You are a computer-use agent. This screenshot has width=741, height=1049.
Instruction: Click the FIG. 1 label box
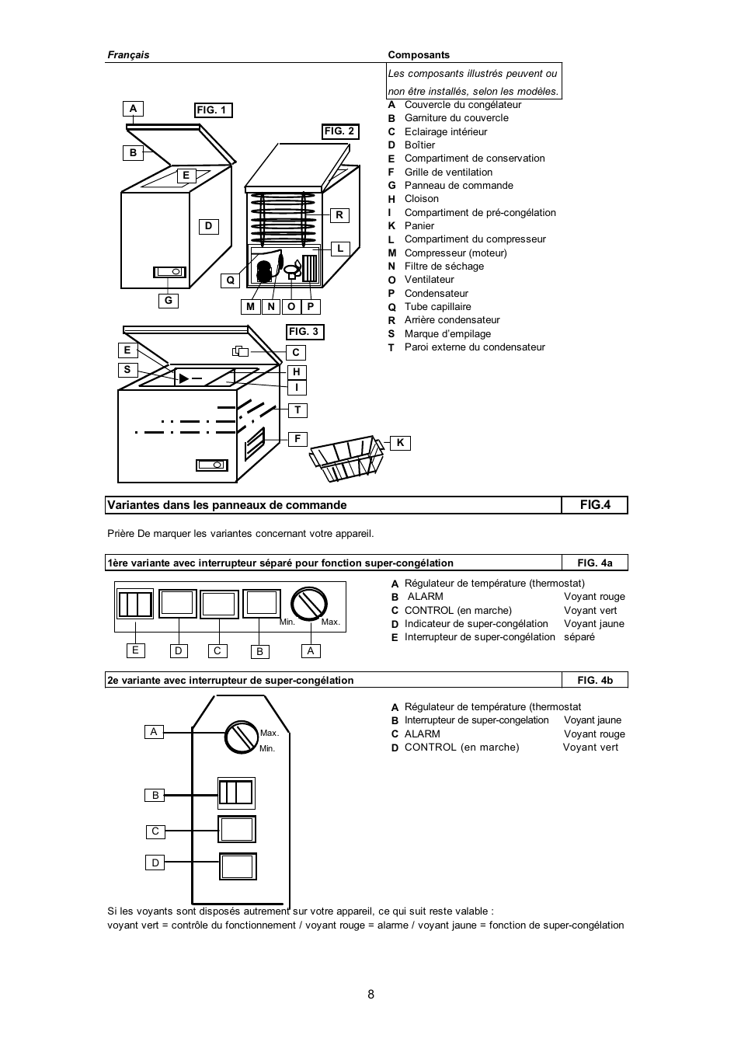tap(213, 110)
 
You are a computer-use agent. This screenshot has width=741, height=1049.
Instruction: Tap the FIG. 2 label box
tap(340, 131)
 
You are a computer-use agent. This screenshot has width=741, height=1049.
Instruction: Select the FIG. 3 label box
tap(304, 332)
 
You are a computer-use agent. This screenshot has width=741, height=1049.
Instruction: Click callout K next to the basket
tap(400, 443)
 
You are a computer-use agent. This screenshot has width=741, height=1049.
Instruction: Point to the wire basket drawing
tap(346, 458)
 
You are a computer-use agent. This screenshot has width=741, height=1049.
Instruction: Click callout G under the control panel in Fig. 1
tap(168, 301)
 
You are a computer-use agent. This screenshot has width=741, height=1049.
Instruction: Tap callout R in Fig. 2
tap(339, 215)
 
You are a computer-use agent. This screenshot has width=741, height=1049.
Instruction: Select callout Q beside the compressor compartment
tap(230, 281)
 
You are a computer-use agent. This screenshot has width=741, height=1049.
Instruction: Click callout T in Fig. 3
tap(297, 410)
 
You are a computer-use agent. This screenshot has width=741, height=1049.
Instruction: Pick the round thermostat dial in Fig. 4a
tap(308, 605)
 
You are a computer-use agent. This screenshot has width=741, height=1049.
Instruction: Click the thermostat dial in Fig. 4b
tap(242, 737)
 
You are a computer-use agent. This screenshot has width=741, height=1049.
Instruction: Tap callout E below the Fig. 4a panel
tap(135, 650)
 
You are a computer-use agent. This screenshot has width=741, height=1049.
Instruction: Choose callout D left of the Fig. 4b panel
tap(155, 863)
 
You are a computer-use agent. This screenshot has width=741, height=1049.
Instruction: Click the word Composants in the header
tap(419, 55)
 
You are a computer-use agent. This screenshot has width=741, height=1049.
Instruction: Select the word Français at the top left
tap(128, 55)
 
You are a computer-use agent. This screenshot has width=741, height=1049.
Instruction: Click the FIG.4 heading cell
tap(595, 505)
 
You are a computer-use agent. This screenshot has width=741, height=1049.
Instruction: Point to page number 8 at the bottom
tap(370, 995)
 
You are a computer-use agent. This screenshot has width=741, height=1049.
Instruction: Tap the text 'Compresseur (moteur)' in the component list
tap(455, 253)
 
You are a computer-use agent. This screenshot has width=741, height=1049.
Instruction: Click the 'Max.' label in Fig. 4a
tap(331, 622)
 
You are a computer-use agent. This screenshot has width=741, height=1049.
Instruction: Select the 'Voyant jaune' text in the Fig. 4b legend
tap(593, 720)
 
